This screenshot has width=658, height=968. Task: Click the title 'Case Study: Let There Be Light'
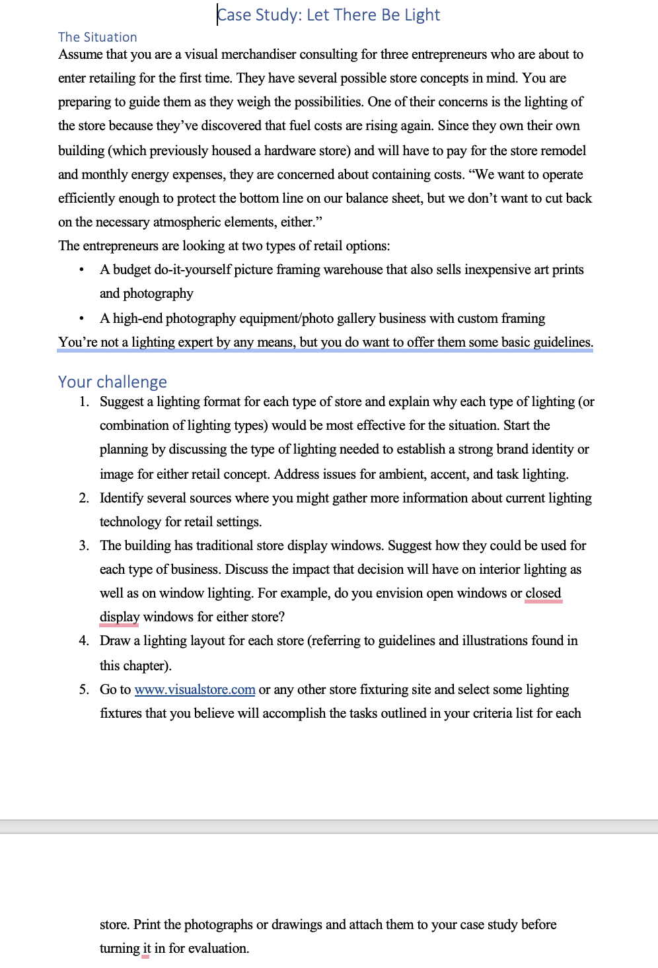328,15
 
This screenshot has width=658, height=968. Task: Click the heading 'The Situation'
98,38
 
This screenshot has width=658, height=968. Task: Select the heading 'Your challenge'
112,382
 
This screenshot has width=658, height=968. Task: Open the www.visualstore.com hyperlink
195,690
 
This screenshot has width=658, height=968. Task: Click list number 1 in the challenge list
84,402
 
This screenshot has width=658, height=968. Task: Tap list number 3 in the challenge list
84,546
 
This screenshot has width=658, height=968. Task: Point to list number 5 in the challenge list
84,690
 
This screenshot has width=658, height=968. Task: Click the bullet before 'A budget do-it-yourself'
81,270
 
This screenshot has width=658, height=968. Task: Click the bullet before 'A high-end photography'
81,319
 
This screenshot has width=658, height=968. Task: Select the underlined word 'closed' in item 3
543,594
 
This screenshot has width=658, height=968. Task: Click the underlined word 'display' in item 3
120,617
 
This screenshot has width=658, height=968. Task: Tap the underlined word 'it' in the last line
147,949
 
